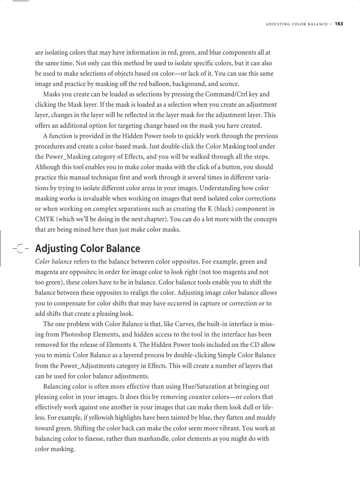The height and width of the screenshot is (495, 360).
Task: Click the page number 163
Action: coord(338,24)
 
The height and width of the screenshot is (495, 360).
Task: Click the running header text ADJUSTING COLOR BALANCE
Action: coord(296,24)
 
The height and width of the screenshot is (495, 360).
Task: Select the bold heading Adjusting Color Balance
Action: coord(87,249)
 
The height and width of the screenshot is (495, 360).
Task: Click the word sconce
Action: coord(230,84)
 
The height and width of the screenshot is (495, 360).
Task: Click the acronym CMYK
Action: coord(45,219)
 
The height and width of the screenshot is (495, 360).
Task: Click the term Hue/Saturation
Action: coord(204,387)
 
